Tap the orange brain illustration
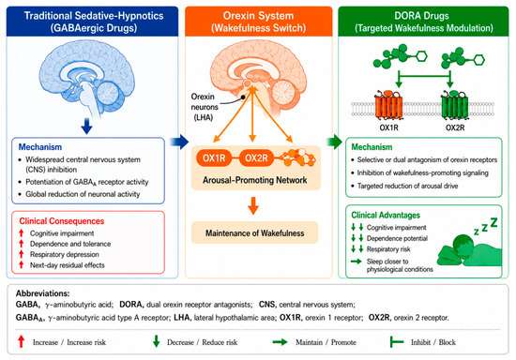(x=259, y=77)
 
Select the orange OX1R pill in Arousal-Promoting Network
(x=214, y=158)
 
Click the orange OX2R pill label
(x=256, y=158)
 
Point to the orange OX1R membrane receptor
(x=388, y=105)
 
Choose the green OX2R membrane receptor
(x=454, y=105)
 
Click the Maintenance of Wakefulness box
(x=254, y=232)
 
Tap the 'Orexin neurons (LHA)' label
(x=205, y=107)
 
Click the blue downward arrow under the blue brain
(x=86, y=127)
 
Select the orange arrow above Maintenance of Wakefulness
(x=253, y=205)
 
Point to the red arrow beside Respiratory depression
(x=22, y=254)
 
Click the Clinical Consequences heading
(x=62, y=221)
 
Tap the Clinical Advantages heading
(x=386, y=215)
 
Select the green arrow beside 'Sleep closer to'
(x=357, y=262)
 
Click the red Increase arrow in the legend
(x=22, y=341)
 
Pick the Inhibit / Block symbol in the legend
(x=397, y=342)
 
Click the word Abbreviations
(x=43, y=293)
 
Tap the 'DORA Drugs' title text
(x=421, y=16)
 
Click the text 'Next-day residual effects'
(x=68, y=265)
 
